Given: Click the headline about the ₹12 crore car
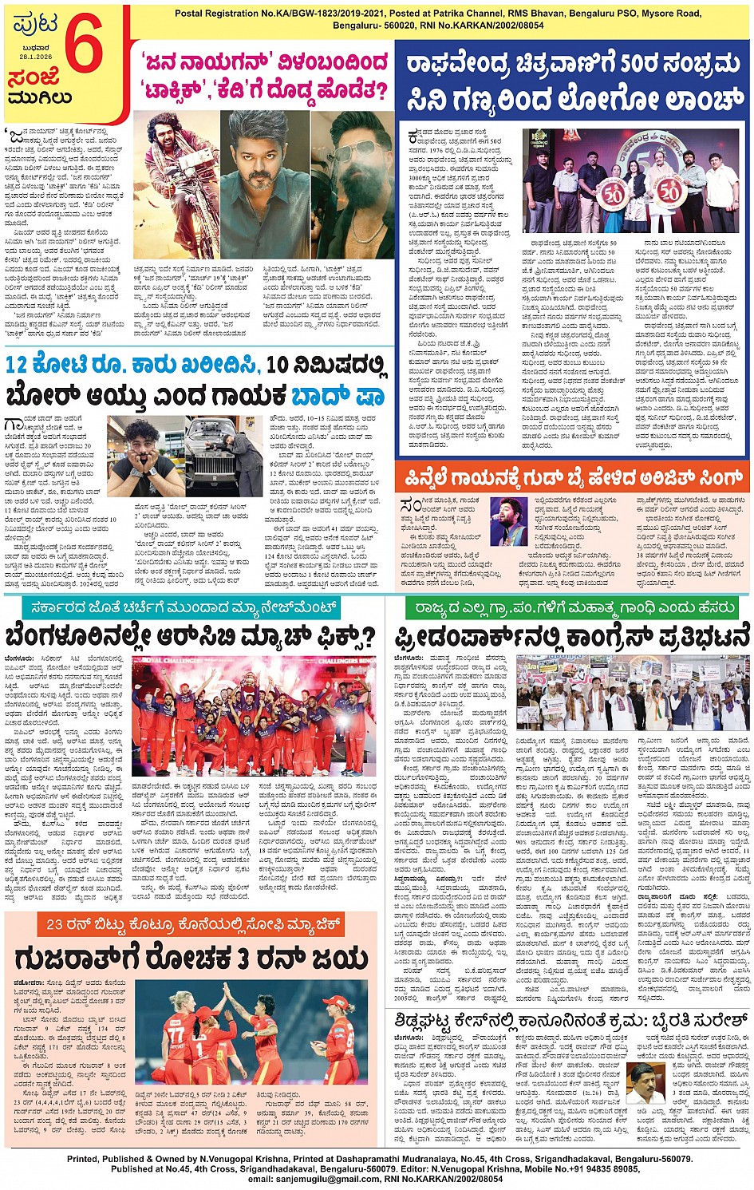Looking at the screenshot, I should click(196, 380).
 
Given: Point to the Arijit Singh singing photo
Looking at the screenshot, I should click(508, 522).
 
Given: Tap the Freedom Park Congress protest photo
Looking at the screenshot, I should click(633, 694).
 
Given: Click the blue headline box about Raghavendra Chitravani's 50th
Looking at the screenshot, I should click(573, 82).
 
